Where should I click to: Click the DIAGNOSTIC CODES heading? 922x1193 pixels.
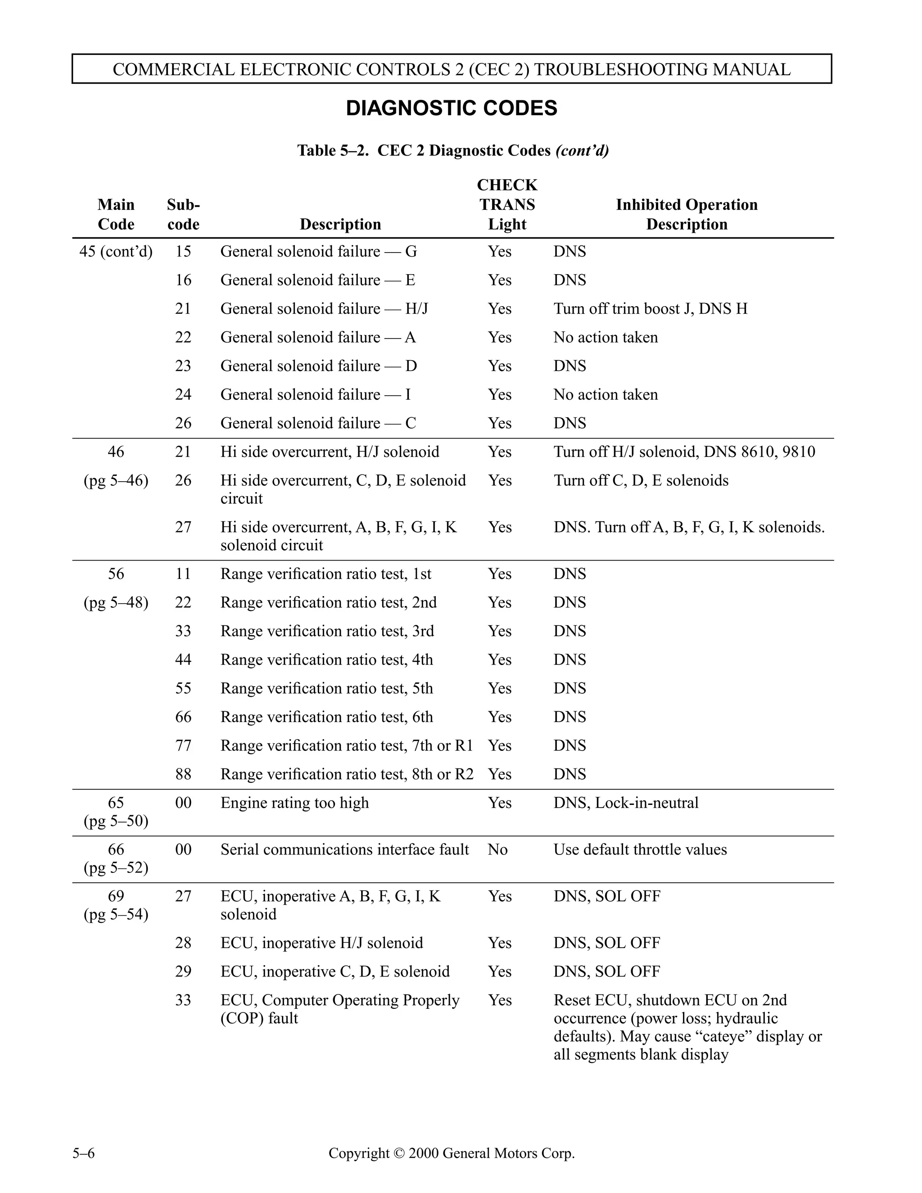(x=451, y=108)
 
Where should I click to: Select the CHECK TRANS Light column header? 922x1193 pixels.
(x=507, y=204)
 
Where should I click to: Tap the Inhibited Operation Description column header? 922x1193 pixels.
(x=686, y=214)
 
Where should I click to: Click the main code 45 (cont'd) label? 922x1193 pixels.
(x=116, y=251)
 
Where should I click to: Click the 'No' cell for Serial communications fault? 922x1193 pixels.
(x=497, y=850)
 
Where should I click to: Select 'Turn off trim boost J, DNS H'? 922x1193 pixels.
(x=650, y=309)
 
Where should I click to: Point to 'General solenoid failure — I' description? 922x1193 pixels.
(x=315, y=394)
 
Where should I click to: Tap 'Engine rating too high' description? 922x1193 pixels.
(x=294, y=803)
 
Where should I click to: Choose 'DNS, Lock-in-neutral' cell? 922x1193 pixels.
(x=625, y=803)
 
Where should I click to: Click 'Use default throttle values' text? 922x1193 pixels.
(x=640, y=850)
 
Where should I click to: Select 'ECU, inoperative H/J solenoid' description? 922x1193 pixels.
(x=321, y=943)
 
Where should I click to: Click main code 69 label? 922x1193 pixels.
(x=116, y=896)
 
